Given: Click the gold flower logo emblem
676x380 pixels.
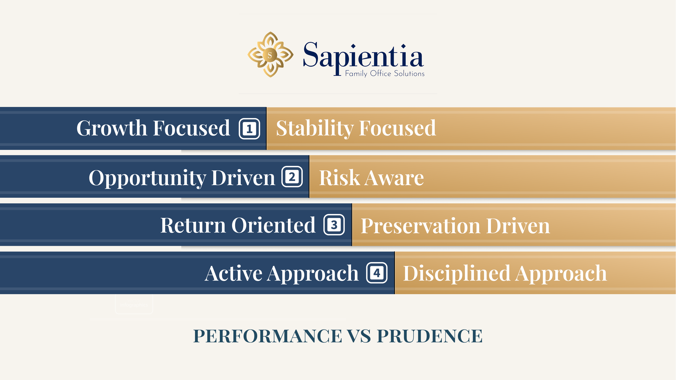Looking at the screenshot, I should [270, 55].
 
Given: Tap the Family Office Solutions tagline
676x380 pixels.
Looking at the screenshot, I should [385, 74].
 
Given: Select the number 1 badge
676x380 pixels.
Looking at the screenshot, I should [249, 129].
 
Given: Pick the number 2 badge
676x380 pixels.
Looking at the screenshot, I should [292, 177].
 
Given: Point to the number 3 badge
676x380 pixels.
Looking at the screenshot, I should [334, 225].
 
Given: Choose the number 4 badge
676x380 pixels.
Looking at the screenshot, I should [377, 273].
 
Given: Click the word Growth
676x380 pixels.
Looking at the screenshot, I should [111, 128].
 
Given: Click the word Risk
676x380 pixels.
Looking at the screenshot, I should [339, 178].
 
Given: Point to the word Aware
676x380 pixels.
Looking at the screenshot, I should [394, 178].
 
